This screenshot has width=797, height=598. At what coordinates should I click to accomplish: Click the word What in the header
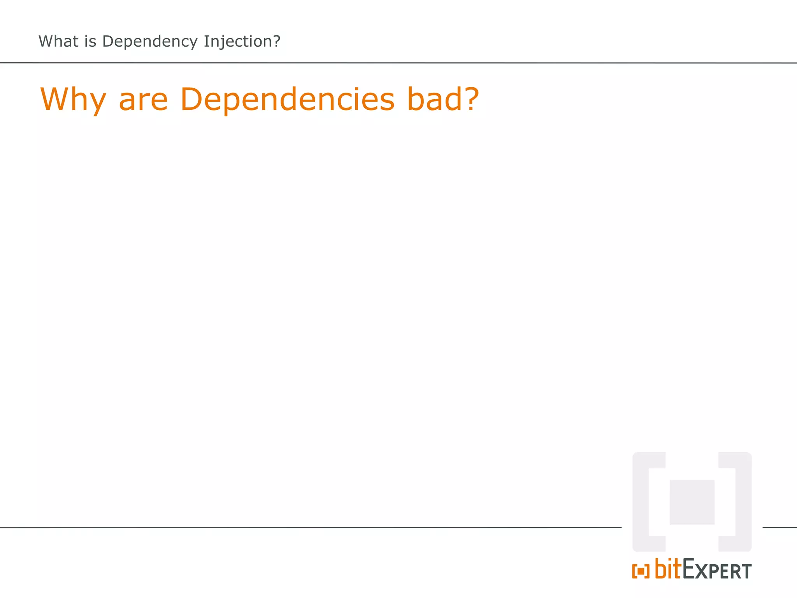click(x=58, y=41)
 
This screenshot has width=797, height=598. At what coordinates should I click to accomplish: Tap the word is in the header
click(x=90, y=41)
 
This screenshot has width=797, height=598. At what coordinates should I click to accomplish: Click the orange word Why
click(x=73, y=100)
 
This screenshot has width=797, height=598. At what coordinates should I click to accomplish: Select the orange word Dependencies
click(x=288, y=100)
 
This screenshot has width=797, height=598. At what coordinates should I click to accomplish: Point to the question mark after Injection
click(x=276, y=41)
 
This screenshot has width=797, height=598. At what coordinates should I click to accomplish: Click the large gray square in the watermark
click(x=692, y=502)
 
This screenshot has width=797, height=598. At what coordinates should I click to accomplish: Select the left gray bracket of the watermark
click(x=641, y=502)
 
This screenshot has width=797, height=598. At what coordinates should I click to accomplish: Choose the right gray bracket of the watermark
click(x=743, y=502)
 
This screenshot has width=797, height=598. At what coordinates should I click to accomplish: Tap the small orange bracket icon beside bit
click(x=641, y=571)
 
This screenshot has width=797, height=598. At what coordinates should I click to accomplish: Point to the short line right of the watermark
click(x=779, y=528)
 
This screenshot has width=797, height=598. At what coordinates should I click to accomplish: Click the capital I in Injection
click(x=206, y=41)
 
